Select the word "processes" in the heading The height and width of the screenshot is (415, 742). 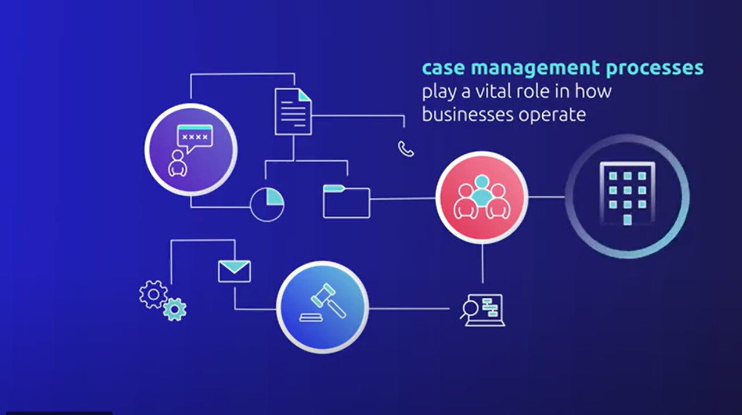click(x=655, y=68)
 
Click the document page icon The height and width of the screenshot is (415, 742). click(x=293, y=111)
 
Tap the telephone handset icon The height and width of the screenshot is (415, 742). click(x=406, y=149)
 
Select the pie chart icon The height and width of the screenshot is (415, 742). click(x=267, y=204)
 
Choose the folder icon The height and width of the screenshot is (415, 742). click(x=346, y=201)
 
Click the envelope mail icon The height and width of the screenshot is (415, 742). click(x=234, y=271)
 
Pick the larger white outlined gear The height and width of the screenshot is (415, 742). click(x=153, y=294)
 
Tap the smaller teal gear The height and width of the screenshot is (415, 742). click(x=174, y=309)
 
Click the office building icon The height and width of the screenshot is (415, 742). click(x=626, y=195)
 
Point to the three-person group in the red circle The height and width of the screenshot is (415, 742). click(x=481, y=197)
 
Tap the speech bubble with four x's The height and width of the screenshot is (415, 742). click(x=194, y=139)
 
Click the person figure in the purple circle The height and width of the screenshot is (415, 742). click(x=178, y=164)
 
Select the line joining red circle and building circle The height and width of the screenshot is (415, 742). click(x=546, y=197)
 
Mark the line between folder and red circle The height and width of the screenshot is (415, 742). click(x=402, y=199)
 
